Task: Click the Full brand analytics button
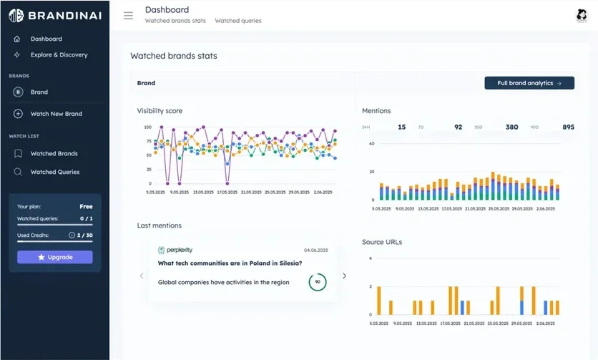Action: click(x=529, y=83)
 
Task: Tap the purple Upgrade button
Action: click(x=55, y=257)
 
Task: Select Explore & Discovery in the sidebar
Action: click(x=59, y=54)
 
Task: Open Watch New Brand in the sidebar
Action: click(x=56, y=114)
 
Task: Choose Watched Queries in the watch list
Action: click(x=54, y=172)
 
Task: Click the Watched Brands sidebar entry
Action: click(x=54, y=153)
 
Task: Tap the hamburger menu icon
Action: click(x=128, y=15)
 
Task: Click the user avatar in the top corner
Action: click(x=581, y=16)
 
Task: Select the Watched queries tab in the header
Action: click(x=238, y=21)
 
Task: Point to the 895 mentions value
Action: click(x=568, y=127)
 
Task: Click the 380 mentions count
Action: click(x=511, y=127)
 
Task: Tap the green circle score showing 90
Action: click(x=317, y=282)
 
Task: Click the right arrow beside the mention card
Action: click(x=344, y=276)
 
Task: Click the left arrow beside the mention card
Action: click(x=142, y=276)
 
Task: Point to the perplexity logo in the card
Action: click(x=175, y=250)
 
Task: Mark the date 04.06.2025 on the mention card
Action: click(x=315, y=250)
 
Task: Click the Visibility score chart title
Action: click(x=160, y=111)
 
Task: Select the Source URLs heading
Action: click(x=382, y=242)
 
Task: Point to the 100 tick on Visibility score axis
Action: click(x=148, y=127)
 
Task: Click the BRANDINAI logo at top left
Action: click(x=54, y=15)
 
